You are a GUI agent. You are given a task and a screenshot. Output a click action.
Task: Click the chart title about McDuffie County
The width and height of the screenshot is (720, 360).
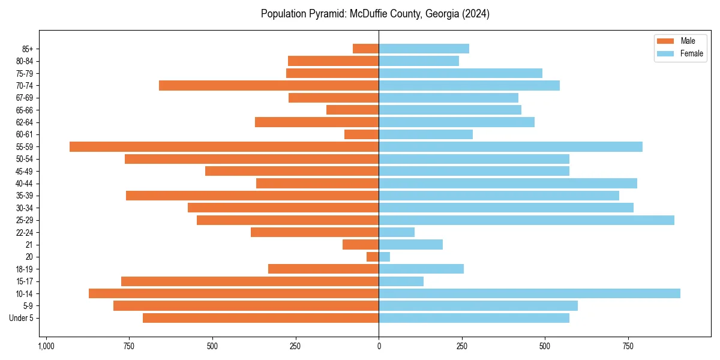[375, 14]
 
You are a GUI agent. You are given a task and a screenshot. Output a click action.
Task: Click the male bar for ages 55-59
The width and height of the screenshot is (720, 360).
[224, 147]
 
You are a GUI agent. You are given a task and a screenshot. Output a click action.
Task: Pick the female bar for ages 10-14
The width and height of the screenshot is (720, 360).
[529, 293]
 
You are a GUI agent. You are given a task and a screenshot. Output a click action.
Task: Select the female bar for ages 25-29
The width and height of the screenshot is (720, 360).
[526, 220]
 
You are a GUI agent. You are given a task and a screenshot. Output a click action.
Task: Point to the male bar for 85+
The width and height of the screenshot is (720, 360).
[365, 49]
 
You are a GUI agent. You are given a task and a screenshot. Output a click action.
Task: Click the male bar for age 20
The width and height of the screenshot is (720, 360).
[373, 257]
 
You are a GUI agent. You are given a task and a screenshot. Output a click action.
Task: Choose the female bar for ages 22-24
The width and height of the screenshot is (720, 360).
[397, 232]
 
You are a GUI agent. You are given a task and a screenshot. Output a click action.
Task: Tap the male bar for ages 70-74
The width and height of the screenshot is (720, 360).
[269, 85]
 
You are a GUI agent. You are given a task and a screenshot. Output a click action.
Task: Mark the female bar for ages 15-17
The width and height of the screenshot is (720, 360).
[401, 281]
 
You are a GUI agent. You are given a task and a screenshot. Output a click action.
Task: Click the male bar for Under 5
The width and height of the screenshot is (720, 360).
[260, 318]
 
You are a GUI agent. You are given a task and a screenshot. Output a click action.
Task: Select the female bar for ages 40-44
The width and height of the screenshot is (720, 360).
[508, 184]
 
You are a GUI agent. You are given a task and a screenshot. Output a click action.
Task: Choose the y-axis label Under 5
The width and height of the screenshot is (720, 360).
[22, 318]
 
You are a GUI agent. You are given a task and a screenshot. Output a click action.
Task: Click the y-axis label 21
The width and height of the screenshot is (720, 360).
[29, 245]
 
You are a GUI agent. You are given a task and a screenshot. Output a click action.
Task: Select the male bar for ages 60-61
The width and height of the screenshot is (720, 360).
[361, 134]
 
